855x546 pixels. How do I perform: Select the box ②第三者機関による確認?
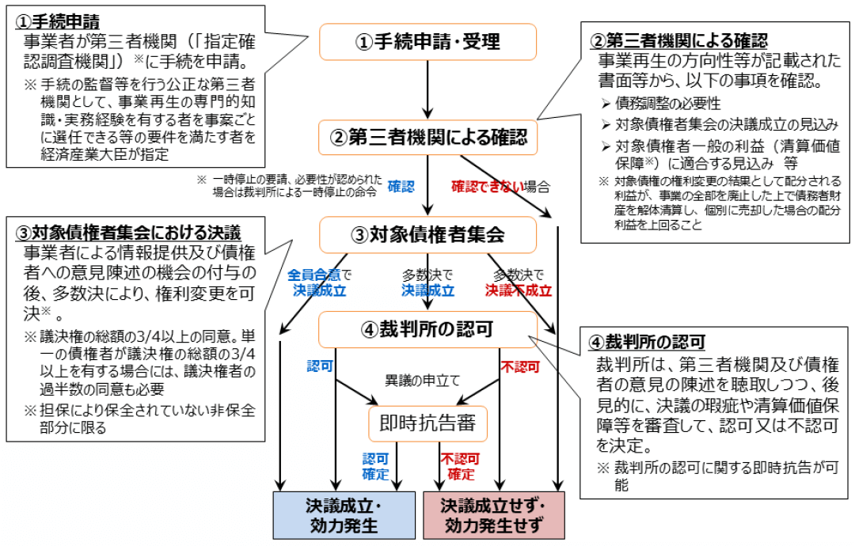click(427, 138)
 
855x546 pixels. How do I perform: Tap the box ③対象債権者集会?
click(427, 234)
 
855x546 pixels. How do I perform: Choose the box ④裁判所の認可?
click(427, 329)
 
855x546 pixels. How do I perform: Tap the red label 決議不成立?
click(519, 290)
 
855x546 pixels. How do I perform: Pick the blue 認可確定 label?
click(376, 467)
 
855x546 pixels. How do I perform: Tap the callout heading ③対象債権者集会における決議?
click(128, 233)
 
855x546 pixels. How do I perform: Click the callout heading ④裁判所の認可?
click(654, 343)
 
